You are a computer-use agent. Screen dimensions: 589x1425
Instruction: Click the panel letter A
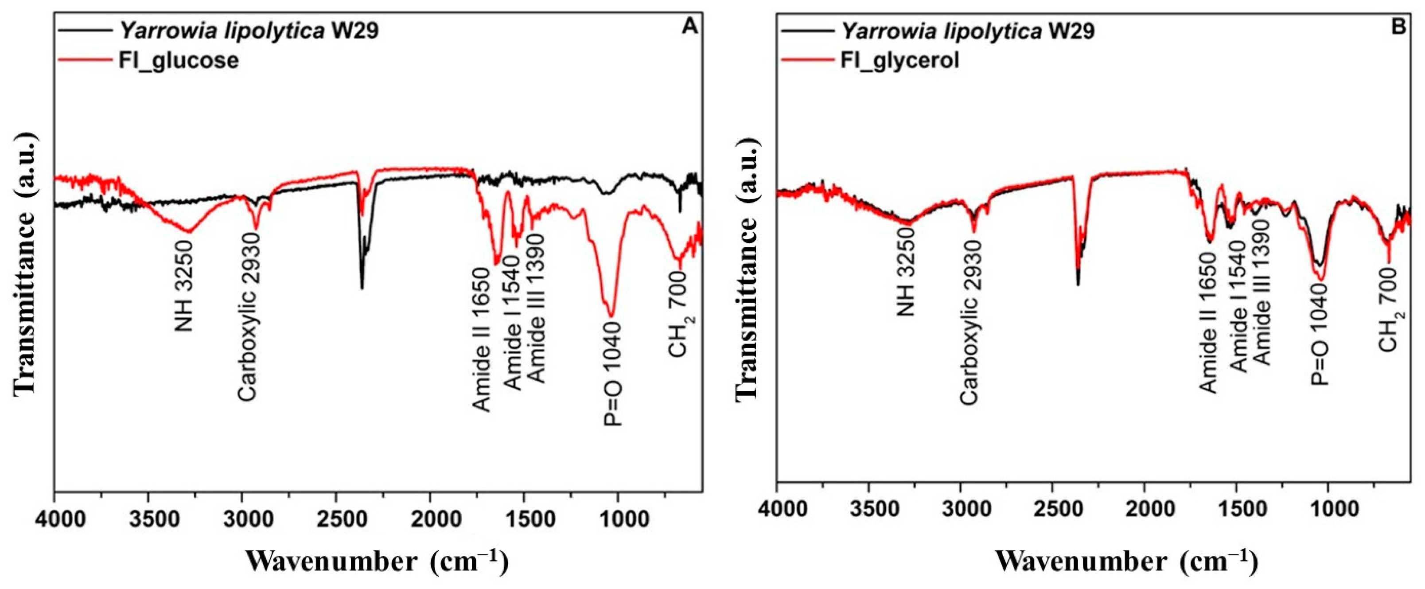(x=689, y=27)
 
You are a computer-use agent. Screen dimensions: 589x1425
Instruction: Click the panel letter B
(x=1398, y=27)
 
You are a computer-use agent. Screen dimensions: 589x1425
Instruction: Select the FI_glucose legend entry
(x=179, y=60)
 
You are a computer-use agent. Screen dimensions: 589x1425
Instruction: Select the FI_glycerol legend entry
(x=899, y=60)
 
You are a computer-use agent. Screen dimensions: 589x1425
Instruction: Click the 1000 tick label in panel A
(x=617, y=520)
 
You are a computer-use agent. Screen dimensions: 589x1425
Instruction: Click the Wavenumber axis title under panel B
(x=1126, y=562)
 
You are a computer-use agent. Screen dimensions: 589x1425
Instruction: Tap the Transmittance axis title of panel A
(x=24, y=263)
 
